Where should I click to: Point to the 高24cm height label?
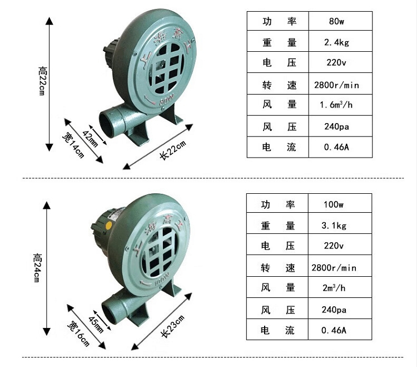coord(37,268)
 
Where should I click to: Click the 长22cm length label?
coord(172,149)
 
